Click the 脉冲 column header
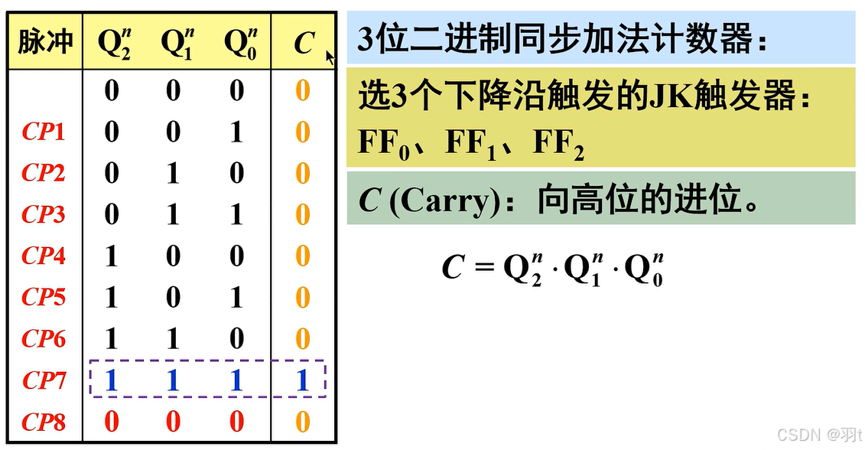click(45, 41)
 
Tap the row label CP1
click(44, 132)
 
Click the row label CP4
click(44, 256)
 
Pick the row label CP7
click(44, 380)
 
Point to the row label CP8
click(44, 422)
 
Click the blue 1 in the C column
click(303, 380)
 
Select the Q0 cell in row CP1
click(237, 132)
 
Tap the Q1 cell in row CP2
click(174, 174)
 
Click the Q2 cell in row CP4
click(112, 256)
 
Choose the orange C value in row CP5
click(303, 297)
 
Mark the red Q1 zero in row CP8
click(174, 422)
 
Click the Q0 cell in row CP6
click(237, 338)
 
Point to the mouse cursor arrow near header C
click(330, 57)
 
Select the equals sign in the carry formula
click(480, 268)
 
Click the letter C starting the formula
click(453, 268)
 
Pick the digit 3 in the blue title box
click(366, 39)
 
